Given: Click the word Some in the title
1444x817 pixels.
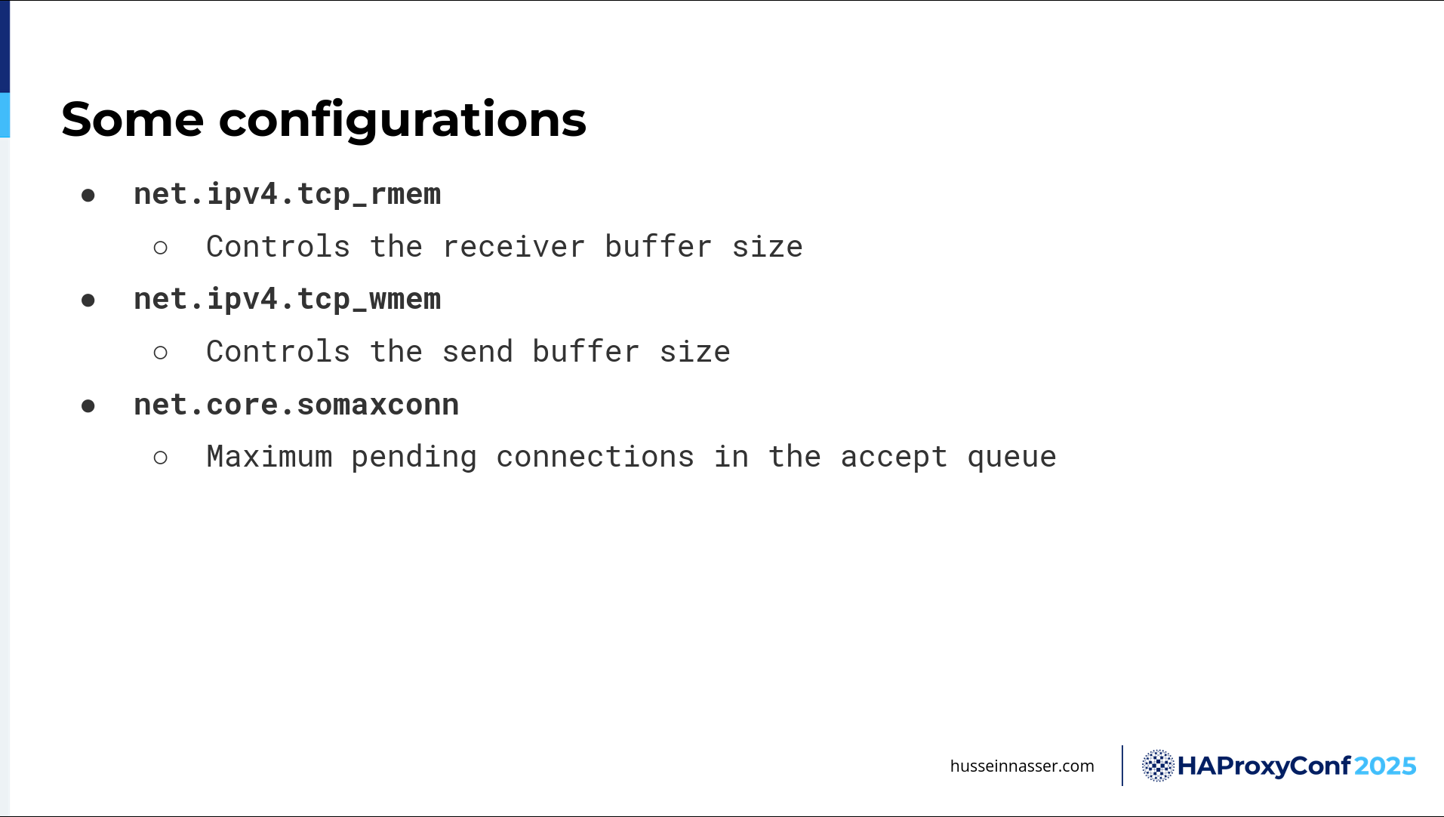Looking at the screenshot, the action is pos(133,119).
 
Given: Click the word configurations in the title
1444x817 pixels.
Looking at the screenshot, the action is pos(402,122).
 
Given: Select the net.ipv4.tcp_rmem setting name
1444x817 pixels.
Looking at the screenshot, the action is pos(288,195).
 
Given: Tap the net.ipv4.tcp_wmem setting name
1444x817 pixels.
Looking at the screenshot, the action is pos(288,300).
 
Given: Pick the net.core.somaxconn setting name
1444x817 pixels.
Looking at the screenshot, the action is pos(297,405).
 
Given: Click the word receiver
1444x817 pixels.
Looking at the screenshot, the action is pos(514,247).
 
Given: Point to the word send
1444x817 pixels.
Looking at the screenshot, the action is pos(477,352).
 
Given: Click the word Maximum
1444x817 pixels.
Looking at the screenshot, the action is pos(269,457).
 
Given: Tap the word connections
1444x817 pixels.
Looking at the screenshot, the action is pos(596,457).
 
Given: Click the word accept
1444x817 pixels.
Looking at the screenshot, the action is pos(894,458).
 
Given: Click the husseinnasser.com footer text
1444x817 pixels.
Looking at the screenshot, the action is pos(1022,766).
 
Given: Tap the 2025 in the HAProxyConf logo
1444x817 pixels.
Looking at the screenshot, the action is pos(1385,766).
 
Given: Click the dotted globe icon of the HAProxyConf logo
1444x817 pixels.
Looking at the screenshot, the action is pos(1158,766).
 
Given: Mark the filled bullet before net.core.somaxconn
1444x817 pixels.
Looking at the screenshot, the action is pos(88,406).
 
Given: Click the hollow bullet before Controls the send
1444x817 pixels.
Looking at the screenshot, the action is pos(160,353).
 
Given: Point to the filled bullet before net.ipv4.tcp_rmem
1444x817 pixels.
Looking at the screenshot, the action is pos(88,196).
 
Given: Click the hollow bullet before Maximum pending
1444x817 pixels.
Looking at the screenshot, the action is pos(160,458).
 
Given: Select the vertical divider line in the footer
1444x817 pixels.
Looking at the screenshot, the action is pos(1122,766).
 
